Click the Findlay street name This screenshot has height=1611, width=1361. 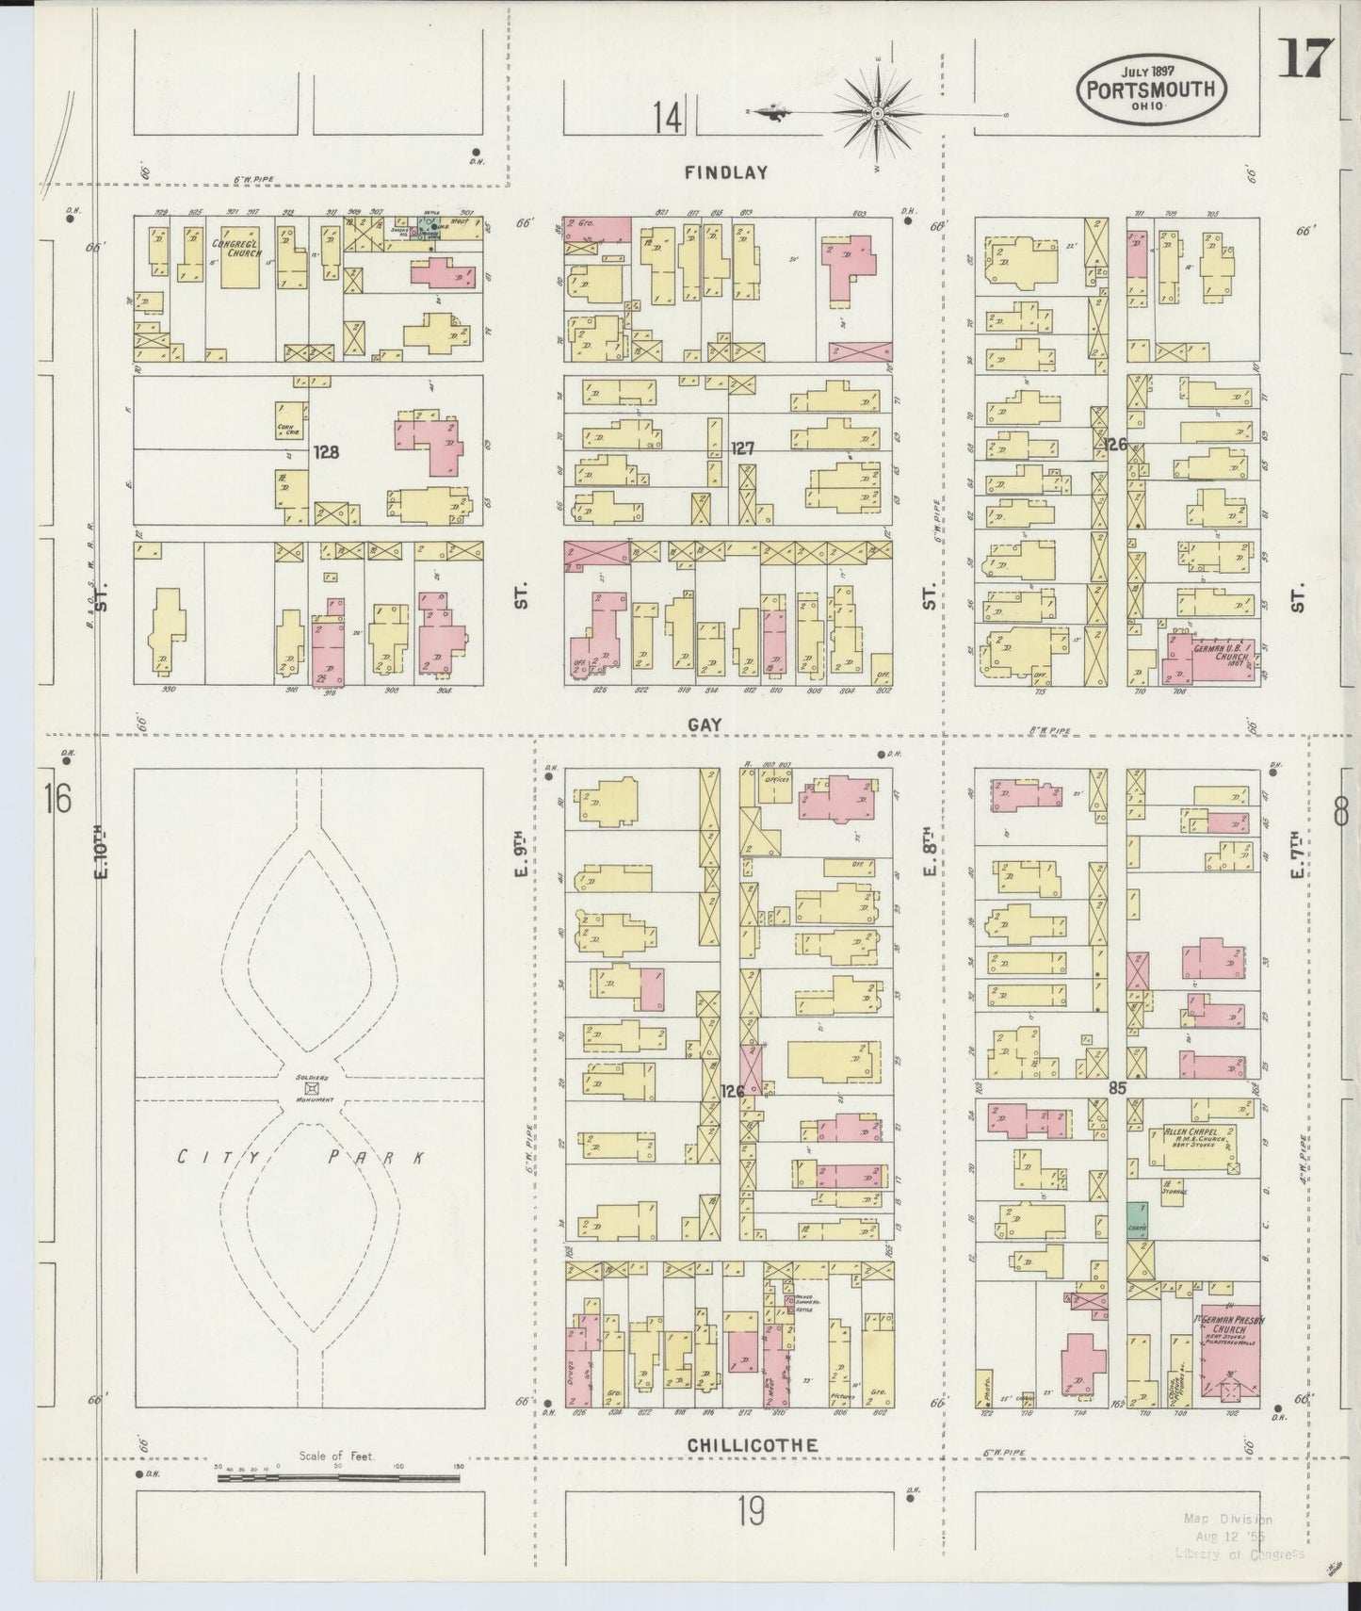725,172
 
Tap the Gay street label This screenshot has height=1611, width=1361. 704,724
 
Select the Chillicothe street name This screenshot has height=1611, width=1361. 752,1444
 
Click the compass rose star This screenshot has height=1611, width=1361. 877,114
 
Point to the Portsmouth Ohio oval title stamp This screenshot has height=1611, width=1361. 1152,91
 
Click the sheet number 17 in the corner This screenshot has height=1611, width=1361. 1304,59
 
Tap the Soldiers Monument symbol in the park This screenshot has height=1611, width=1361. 310,1087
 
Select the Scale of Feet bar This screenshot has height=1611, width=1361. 338,1477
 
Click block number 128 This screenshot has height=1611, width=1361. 327,451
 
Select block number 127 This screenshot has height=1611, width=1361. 743,449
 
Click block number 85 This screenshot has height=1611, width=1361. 1118,1087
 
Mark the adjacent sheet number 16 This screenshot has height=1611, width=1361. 57,799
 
